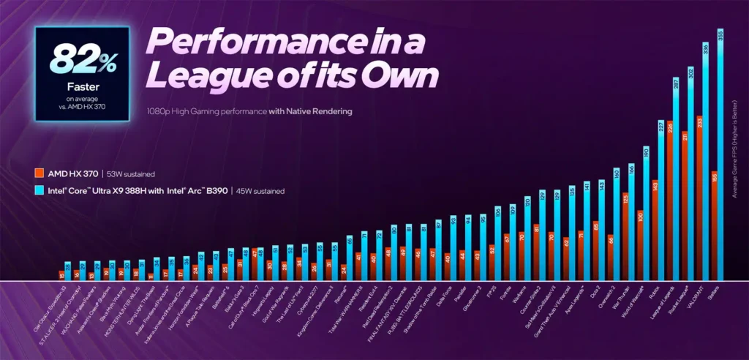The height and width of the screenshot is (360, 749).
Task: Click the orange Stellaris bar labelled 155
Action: click(713, 227)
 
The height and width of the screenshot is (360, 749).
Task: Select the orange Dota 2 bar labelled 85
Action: click(597, 252)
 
